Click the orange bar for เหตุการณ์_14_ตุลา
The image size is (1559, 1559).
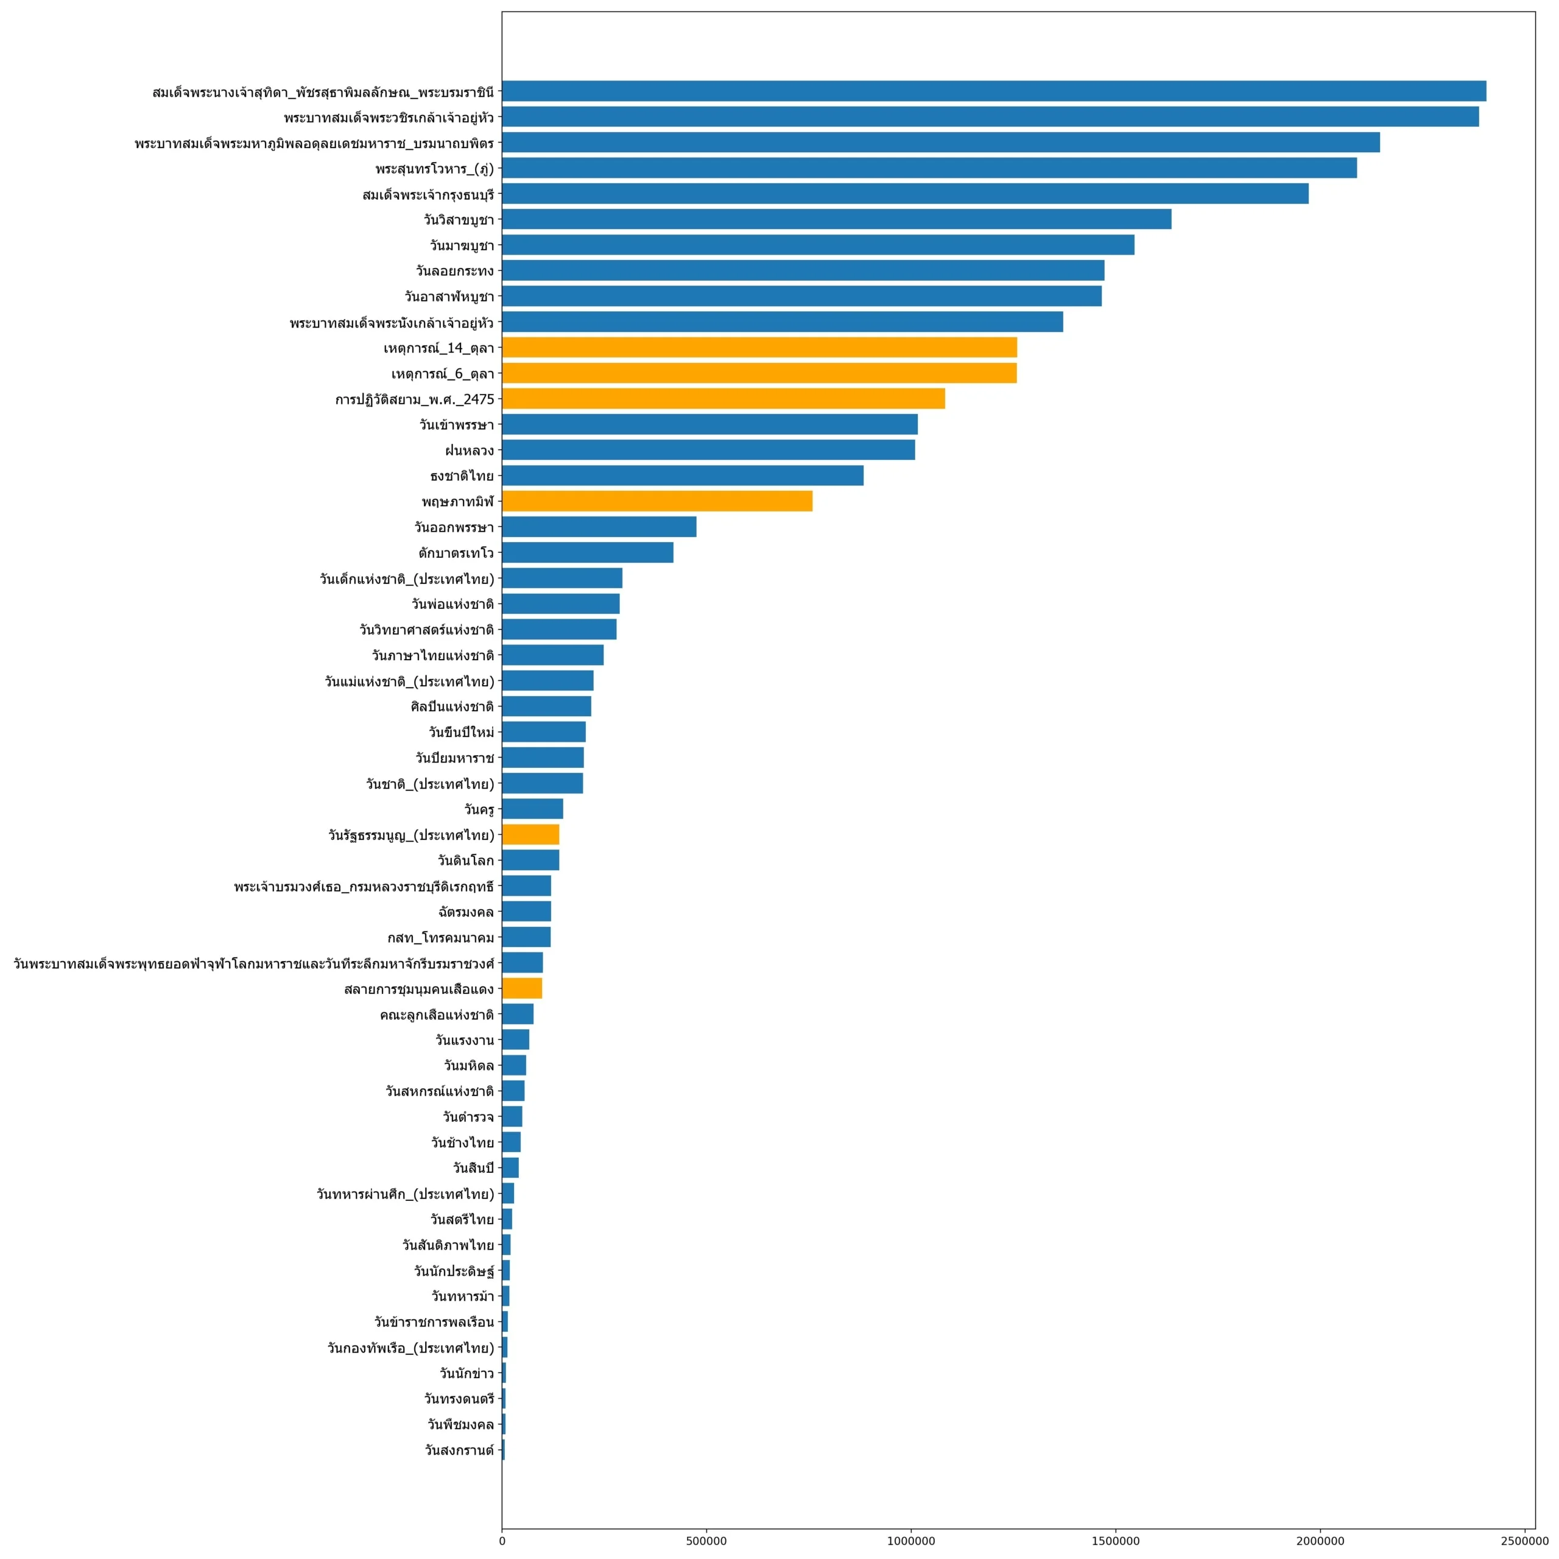click(x=759, y=348)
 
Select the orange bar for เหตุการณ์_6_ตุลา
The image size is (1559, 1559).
click(x=759, y=373)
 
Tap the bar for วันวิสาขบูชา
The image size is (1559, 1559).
click(x=836, y=219)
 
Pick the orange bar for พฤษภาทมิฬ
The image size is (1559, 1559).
click(x=657, y=501)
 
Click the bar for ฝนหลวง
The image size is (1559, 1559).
click(x=708, y=450)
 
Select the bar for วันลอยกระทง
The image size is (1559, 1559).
click(x=802, y=270)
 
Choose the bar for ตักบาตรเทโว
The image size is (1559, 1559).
click(x=588, y=553)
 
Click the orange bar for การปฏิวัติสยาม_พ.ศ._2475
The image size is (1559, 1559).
click(x=723, y=399)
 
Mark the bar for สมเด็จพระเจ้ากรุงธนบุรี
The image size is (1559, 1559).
click(x=904, y=194)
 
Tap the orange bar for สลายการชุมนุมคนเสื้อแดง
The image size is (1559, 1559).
click(x=522, y=988)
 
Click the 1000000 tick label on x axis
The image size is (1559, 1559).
click(x=911, y=1541)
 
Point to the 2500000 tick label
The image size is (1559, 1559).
click(x=1524, y=1541)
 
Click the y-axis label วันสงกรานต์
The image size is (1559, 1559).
click(x=459, y=1450)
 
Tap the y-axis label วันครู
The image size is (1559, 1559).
click(x=479, y=809)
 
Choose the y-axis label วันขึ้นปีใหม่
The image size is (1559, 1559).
click(x=461, y=733)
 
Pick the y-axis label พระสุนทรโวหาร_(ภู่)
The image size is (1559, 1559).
click(x=434, y=169)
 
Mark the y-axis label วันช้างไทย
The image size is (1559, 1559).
click(x=462, y=1142)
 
